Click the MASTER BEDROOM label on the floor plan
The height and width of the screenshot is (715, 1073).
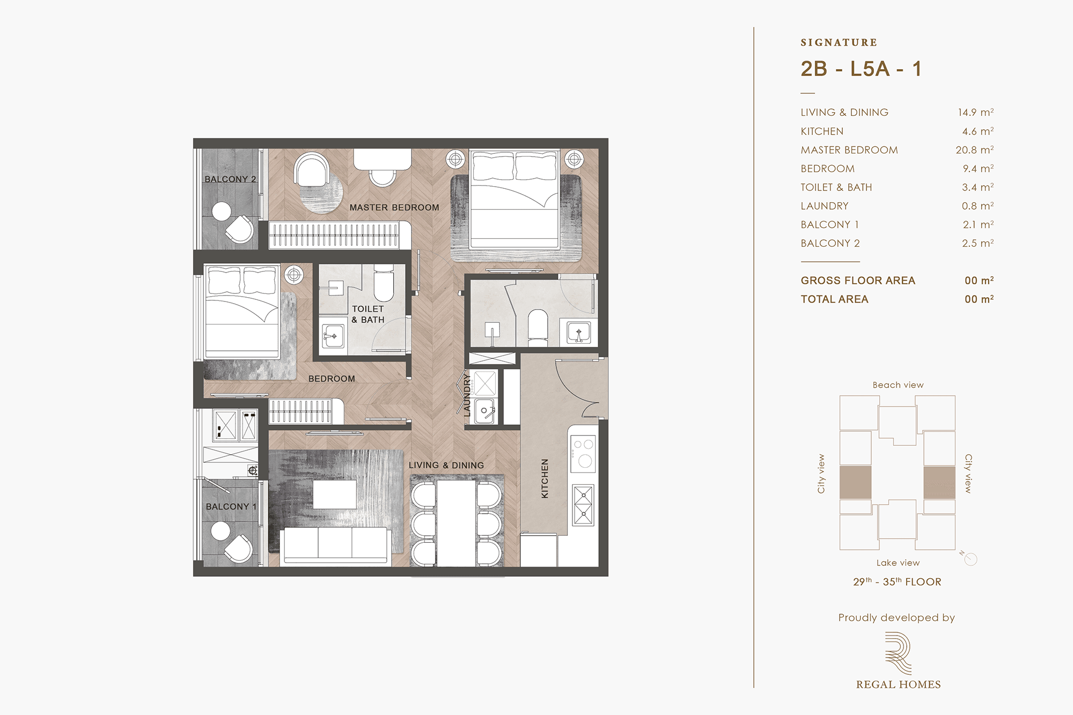click(394, 208)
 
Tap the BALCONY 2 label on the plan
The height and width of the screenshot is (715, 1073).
click(230, 179)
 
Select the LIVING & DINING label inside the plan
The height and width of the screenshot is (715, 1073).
click(446, 466)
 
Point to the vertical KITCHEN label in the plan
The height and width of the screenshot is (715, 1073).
click(545, 478)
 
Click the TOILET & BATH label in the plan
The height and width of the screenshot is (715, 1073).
click(368, 314)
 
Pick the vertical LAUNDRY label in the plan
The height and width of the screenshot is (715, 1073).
click(467, 395)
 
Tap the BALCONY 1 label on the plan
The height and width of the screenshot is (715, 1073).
click(231, 506)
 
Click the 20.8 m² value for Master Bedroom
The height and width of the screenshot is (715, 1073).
click(974, 150)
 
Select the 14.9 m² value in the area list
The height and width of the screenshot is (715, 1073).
click(976, 112)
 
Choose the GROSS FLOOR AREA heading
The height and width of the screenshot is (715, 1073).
click(858, 281)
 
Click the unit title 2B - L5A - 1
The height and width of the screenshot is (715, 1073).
click(861, 69)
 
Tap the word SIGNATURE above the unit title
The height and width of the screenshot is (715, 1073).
click(839, 42)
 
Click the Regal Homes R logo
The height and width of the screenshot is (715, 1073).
click(898, 653)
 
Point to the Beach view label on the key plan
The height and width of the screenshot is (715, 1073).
click(898, 385)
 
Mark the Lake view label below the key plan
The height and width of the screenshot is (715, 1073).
click(898, 563)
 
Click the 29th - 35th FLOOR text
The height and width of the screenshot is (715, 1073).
click(897, 582)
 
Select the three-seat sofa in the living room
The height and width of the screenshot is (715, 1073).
click(335, 546)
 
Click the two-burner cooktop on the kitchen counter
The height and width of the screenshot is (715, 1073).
click(583, 453)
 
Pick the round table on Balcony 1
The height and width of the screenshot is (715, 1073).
click(221, 532)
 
